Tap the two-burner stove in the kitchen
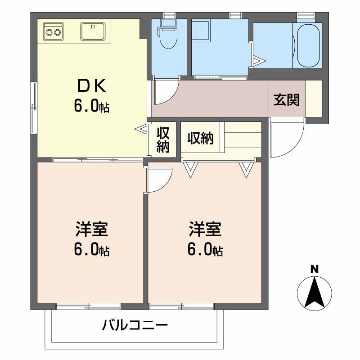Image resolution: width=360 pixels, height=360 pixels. pyautogui.click(x=54, y=32)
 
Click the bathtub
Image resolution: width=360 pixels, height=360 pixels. pyautogui.click(x=307, y=45)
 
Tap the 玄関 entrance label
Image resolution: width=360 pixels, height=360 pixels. pyautogui.click(x=287, y=100)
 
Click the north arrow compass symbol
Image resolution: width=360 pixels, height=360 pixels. pyautogui.click(x=315, y=294)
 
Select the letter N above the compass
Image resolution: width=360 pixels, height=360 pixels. pyautogui.click(x=315, y=270)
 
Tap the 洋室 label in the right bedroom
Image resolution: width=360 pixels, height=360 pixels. pyautogui.click(x=205, y=229)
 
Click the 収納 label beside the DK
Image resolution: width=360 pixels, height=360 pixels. pyautogui.click(x=163, y=139)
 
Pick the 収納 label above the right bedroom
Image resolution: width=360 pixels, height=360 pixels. pyautogui.click(x=201, y=139)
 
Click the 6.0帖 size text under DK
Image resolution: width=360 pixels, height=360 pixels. pyautogui.click(x=92, y=108)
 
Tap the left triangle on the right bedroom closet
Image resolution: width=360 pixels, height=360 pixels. pyautogui.click(x=191, y=169)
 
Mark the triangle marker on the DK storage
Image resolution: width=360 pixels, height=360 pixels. pyautogui.click(x=141, y=129)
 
